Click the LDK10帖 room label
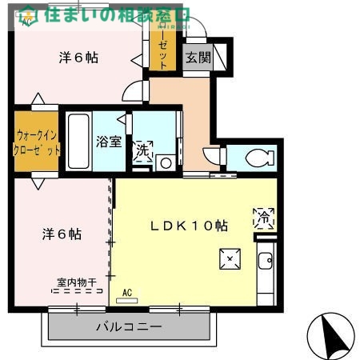coord(190,226)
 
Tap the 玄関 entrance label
coord(198,58)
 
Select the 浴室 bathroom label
coord(109,142)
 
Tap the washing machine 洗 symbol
coord(142,151)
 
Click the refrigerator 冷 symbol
coord(263,216)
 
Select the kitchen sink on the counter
coord(266,259)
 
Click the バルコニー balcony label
coord(129,326)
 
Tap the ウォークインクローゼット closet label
coord(37,143)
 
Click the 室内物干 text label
coord(77,282)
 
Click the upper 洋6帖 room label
coord(79,58)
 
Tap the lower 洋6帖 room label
coord(62,234)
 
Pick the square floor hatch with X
coord(230,258)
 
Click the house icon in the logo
coord(28,13)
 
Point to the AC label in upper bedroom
coord(27,22)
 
